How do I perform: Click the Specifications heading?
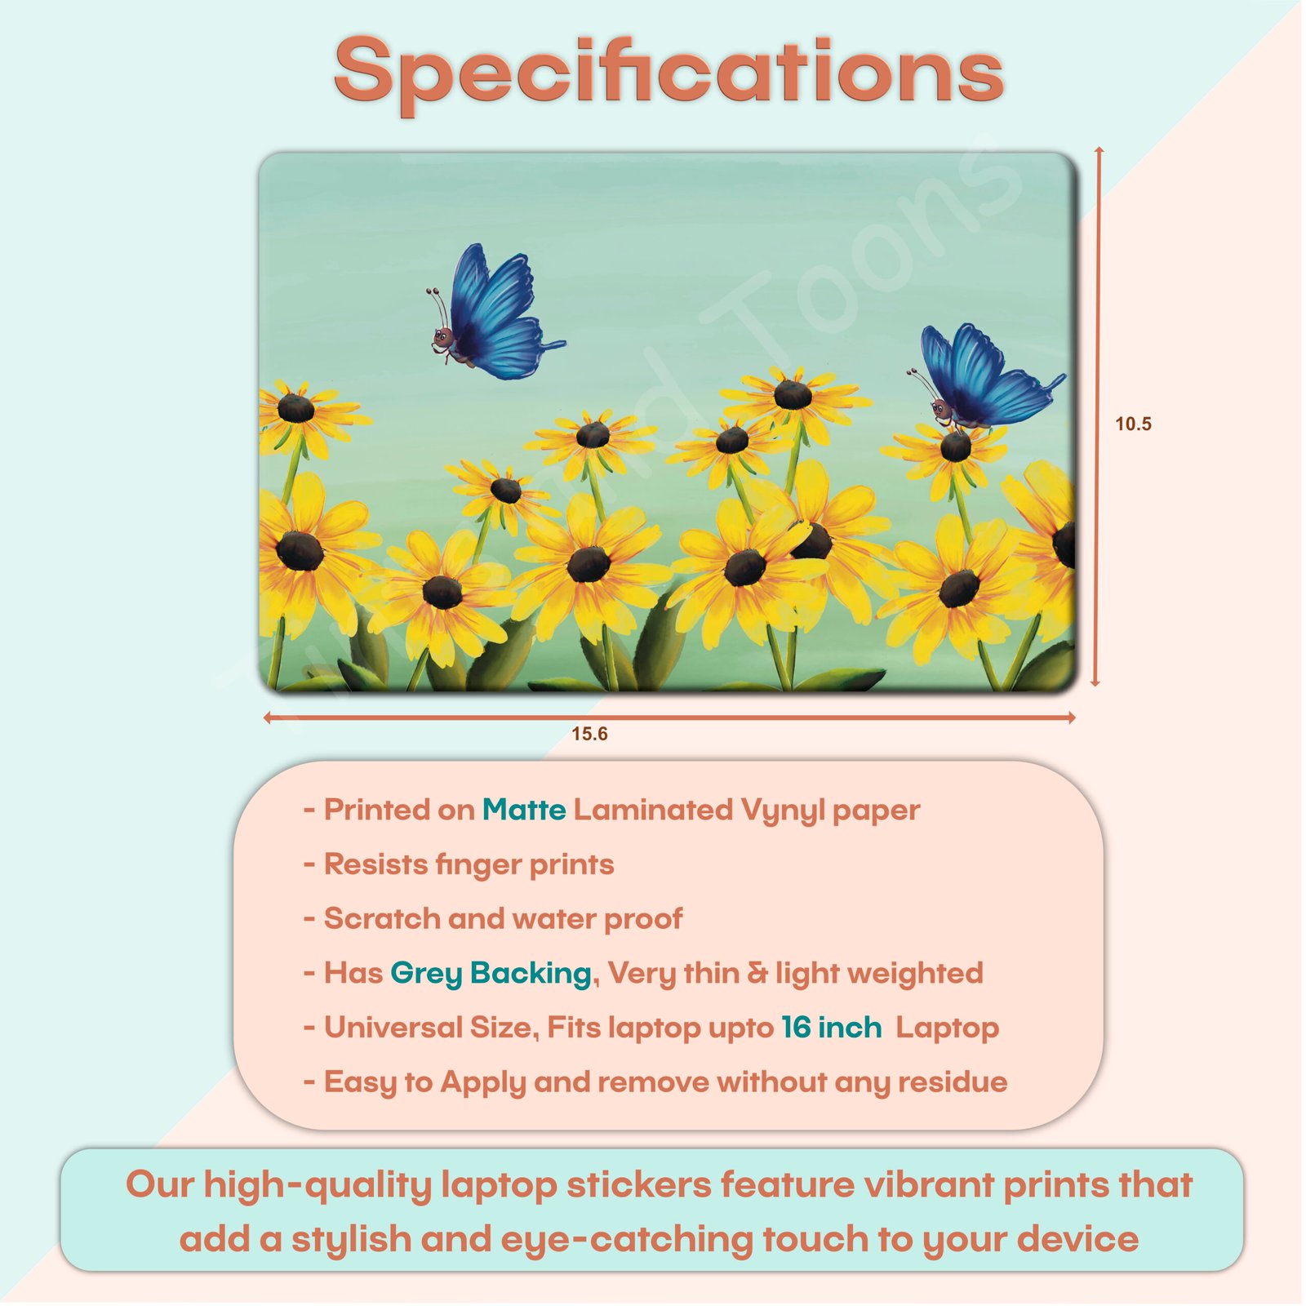[x=669, y=73]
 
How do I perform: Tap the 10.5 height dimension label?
[x=1133, y=424]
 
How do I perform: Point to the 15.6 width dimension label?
[x=589, y=734]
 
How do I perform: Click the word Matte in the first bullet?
[x=524, y=810]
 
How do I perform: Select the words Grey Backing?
[x=491, y=973]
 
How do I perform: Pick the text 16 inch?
[x=831, y=1027]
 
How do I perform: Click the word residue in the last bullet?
[x=953, y=1082]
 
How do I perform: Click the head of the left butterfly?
[x=443, y=337]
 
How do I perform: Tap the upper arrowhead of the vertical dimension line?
[x=1099, y=152]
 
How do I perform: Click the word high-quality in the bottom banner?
[x=317, y=1185]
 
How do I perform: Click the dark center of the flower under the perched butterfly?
[x=955, y=446]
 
